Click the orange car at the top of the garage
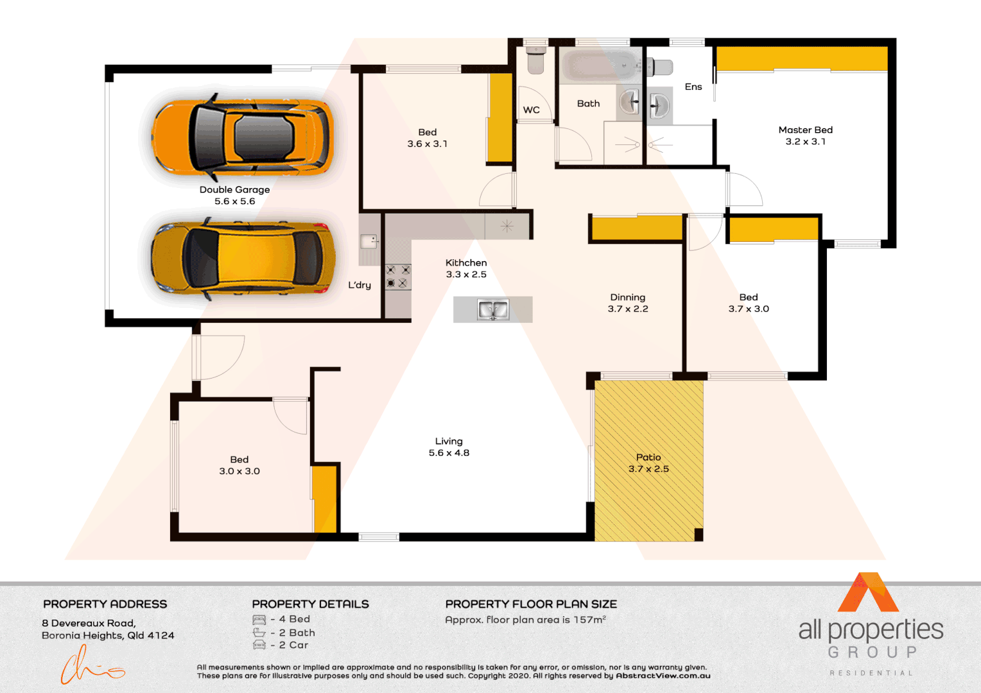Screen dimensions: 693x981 pyautogui.click(x=243, y=137)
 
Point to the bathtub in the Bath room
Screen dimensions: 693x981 pyautogui.click(x=600, y=65)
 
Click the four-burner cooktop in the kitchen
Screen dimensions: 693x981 pyautogui.click(x=397, y=277)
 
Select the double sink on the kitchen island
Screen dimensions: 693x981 pyautogui.click(x=492, y=309)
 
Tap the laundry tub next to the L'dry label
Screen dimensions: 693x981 pyautogui.click(x=369, y=241)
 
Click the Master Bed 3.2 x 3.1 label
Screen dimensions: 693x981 pyautogui.click(x=805, y=135)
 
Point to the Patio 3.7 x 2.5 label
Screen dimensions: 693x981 pyautogui.click(x=648, y=463)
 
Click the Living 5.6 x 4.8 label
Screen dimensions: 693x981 pyautogui.click(x=449, y=447)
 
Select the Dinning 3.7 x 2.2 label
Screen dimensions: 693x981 pyautogui.click(x=628, y=303)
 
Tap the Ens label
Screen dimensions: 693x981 pyautogui.click(x=693, y=87)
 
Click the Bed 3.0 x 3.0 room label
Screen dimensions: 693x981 pyautogui.click(x=239, y=465)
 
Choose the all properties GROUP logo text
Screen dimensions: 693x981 pyautogui.click(x=871, y=638)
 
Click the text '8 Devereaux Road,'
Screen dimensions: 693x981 pyautogui.click(x=89, y=623)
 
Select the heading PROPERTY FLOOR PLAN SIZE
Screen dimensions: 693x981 pyautogui.click(x=531, y=604)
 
